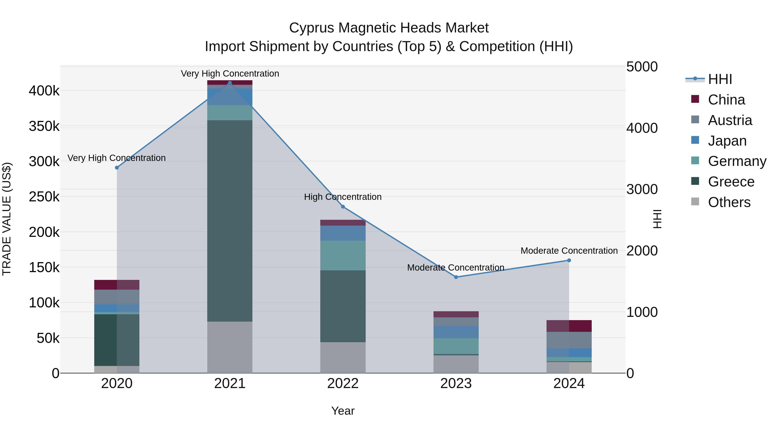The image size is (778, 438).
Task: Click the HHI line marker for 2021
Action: click(x=230, y=83)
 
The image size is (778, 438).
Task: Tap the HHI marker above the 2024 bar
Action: click(x=569, y=260)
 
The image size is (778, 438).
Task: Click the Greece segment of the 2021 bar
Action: click(x=230, y=221)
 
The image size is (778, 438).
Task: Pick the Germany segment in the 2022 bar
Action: click(x=343, y=255)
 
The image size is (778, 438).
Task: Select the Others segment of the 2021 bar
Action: click(x=230, y=347)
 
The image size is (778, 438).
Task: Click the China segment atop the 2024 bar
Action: click(x=569, y=326)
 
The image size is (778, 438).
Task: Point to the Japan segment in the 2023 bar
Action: click(x=456, y=332)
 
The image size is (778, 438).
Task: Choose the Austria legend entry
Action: click(x=730, y=120)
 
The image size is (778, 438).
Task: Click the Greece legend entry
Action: click(x=731, y=182)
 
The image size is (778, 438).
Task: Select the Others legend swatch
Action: click(x=695, y=202)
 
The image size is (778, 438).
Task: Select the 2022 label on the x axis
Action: click(x=343, y=383)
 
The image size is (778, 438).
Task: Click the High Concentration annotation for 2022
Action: click(x=343, y=197)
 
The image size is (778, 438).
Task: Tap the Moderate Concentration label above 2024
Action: click(x=569, y=251)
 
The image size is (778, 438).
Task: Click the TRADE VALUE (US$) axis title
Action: click(x=7, y=219)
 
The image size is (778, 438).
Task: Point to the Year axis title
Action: click(x=343, y=411)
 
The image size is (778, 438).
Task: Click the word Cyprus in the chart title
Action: click(x=311, y=28)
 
